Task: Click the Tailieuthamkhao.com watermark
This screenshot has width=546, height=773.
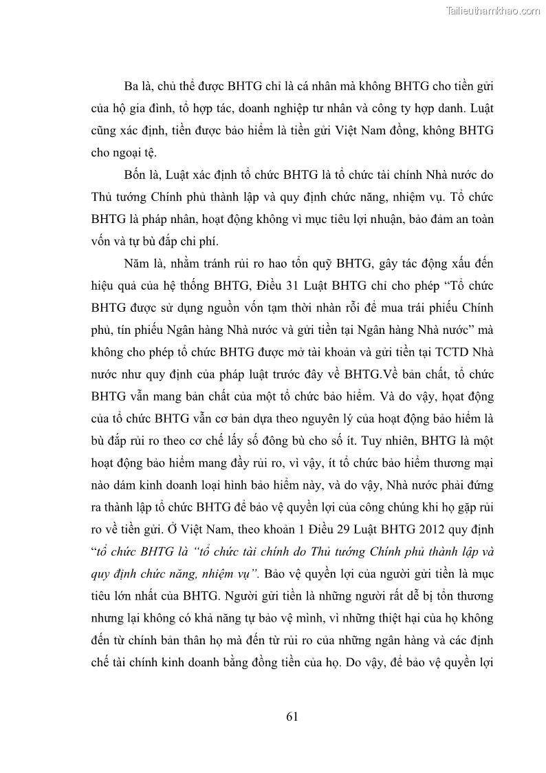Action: tap(493, 10)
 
